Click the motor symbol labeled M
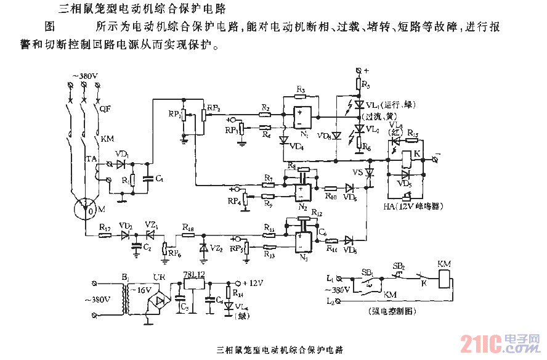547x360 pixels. point(87,210)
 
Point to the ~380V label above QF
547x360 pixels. point(86,76)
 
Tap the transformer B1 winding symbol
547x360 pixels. point(127,300)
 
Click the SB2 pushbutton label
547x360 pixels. point(399,266)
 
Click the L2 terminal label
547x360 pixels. point(332,301)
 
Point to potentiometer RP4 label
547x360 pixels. point(234,202)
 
